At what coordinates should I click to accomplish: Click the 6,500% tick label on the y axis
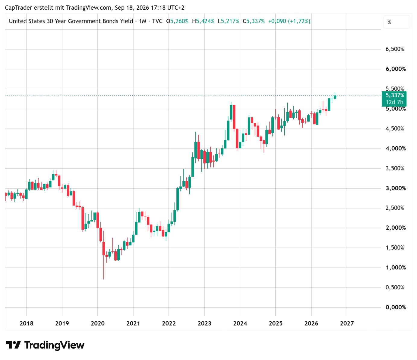(x=395, y=49)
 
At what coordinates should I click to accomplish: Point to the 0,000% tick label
(x=395, y=307)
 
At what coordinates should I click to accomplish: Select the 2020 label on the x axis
(x=98, y=323)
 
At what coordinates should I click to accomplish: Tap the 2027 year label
(x=347, y=323)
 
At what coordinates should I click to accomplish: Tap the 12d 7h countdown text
(x=394, y=102)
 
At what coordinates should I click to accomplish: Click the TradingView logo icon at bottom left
(x=13, y=345)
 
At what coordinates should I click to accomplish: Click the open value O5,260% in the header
(x=177, y=21)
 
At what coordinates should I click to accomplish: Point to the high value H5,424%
(x=203, y=21)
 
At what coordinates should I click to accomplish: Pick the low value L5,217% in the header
(x=228, y=21)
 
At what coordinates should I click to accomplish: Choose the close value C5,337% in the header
(x=253, y=21)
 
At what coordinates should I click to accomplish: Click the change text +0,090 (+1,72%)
(x=289, y=21)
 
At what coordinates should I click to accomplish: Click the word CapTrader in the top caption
(x=18, y=8)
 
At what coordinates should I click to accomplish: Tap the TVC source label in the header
(x=157, y=21)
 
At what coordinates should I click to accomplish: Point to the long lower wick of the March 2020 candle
(x=104, y=267)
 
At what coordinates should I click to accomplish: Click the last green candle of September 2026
(x=335, y=97)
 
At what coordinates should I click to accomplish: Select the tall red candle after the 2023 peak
(x=234, y=117)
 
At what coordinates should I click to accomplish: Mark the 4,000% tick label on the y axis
(x=395, y=148)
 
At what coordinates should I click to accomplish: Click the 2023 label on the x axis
(x=204, y=323)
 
